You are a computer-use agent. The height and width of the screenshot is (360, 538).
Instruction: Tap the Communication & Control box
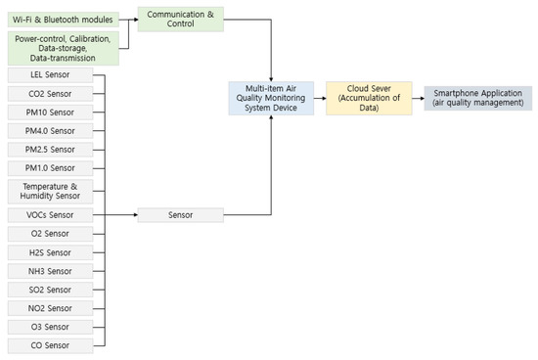[x=179, y=19]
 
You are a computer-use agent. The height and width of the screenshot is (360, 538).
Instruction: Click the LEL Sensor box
[x=50, y=75]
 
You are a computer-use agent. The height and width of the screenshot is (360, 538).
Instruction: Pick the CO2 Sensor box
[x=50, y=94]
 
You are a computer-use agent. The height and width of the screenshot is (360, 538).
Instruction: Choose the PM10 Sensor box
[x=50, y=112]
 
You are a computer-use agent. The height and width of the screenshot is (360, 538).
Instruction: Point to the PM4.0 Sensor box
[x=50, y=131]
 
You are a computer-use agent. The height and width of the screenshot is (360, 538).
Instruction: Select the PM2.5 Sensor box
[x=50, y=150]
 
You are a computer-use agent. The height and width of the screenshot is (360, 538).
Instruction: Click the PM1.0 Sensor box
[x=50, y=168]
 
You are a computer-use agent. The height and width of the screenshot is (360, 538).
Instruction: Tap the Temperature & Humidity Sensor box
[x=50, y=191]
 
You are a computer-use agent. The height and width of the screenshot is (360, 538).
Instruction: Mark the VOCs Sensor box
[x=50, y=214]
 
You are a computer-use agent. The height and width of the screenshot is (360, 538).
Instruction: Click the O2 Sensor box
[x=50, y=234]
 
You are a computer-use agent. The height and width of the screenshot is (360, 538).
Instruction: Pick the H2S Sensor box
[x=50, y=252]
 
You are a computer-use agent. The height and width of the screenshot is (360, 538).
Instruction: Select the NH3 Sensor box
[x=50, y=271]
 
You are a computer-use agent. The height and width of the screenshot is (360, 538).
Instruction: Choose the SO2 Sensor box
[x=50, y=290]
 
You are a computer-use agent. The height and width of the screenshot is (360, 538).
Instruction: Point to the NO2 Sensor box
[x=50, y=308]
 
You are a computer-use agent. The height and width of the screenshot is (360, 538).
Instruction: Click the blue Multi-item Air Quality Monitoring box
[x=270, y=98]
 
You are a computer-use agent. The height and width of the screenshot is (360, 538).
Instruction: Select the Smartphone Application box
[x=478, y=98]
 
